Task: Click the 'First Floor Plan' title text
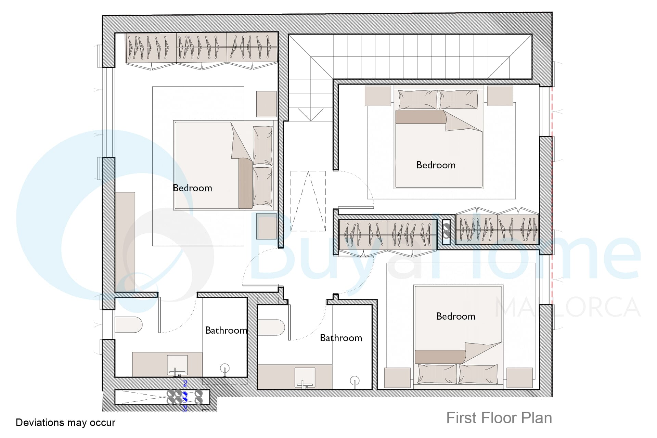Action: (499, 418)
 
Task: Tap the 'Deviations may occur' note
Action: (65, 423)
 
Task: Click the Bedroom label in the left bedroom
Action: (192, 188)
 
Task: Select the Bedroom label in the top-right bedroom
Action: (436, 165)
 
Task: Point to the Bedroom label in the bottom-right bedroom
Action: (456, 316)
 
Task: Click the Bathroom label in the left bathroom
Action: (226, 330)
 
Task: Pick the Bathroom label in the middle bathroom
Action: (341, 338)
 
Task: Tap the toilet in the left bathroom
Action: (128, 325)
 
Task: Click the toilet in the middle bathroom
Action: (271, 327)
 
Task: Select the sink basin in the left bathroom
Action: (177, 365)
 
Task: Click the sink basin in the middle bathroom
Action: (305, 378)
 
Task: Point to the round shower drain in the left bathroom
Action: (225, 369)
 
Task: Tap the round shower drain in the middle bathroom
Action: (355, 381)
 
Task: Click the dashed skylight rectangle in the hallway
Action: (308, 201)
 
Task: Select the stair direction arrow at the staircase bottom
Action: (310, 115)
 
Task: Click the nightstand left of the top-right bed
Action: (378, 96)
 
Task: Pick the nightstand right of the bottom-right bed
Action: (519, 378)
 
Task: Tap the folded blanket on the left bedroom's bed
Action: (245, 183)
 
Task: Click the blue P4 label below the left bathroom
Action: (185, 384)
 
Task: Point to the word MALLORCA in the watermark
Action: (568, 307)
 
